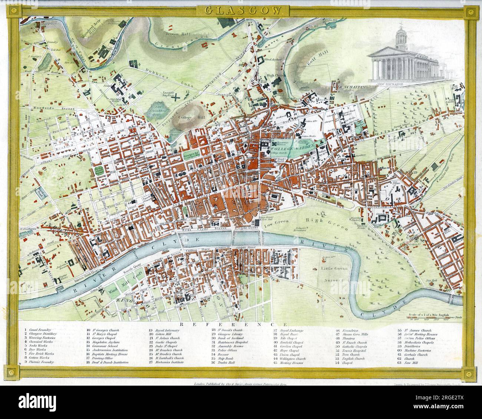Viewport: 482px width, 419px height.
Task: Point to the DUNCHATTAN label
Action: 352,87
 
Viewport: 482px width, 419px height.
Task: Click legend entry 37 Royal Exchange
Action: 291,329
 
